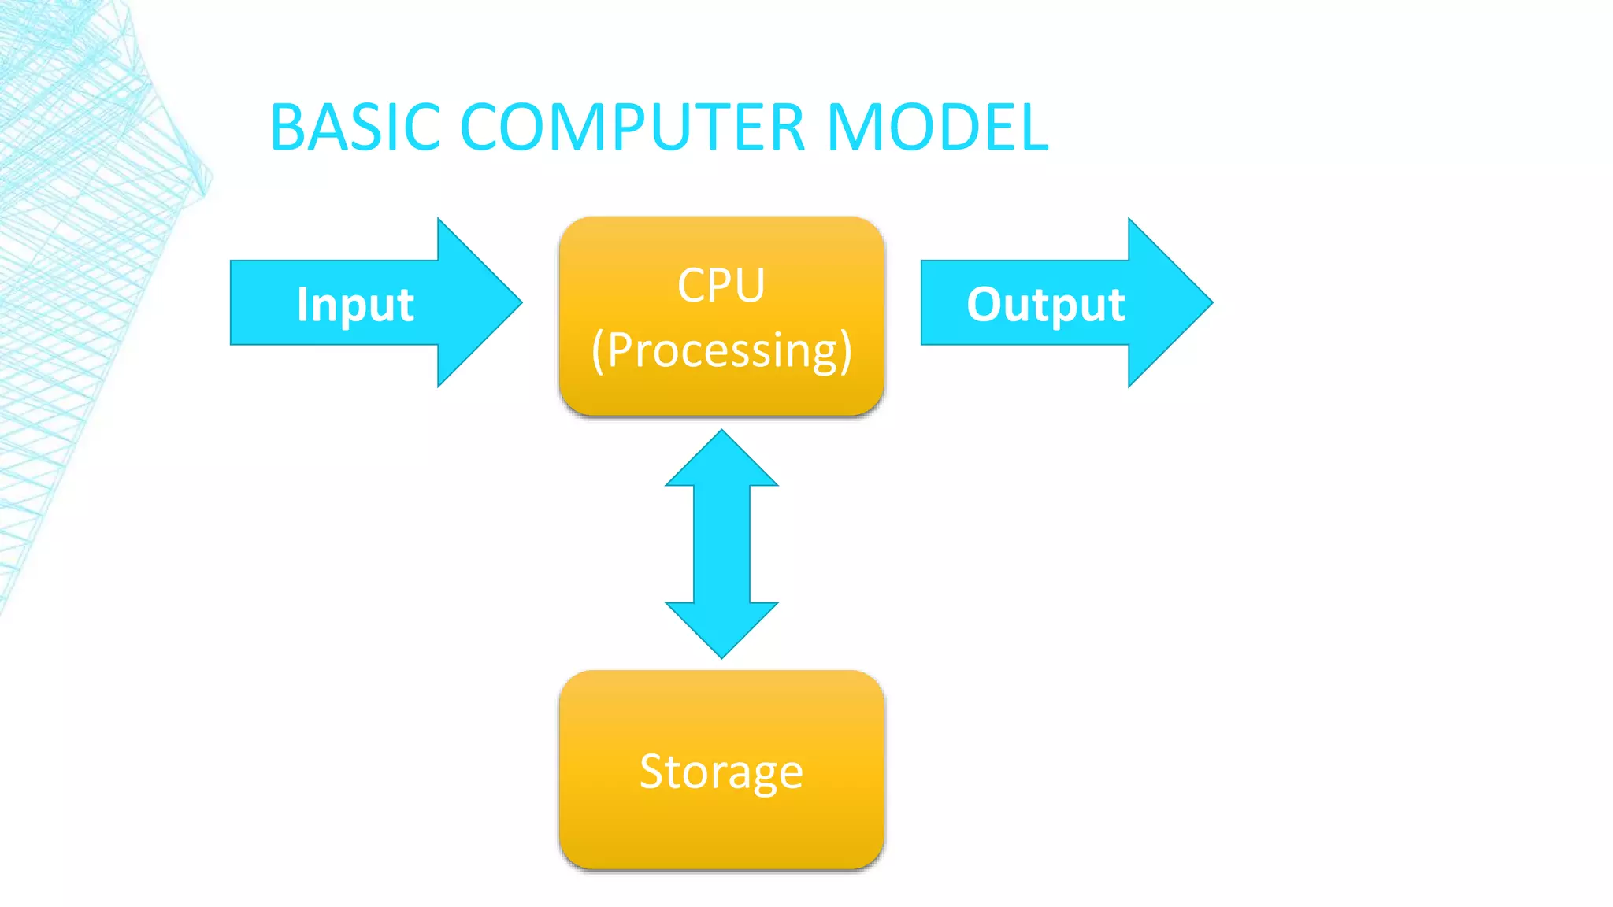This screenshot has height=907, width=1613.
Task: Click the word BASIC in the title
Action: click(354, 128)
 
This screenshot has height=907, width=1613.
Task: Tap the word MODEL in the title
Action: click(937, 128)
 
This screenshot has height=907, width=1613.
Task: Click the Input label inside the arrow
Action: click(355, 305)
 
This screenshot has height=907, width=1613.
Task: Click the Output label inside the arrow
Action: click(1045, 305)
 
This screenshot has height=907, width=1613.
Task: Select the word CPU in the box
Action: click(721, 285)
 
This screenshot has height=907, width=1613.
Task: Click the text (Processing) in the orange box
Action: click(721, 350)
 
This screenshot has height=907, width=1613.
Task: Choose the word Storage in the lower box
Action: click(721, 772)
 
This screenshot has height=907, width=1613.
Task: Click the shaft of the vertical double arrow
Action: click(721, 543)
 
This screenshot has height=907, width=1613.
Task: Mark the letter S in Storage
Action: click(654, 772)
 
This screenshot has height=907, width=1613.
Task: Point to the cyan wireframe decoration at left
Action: click(79, 236)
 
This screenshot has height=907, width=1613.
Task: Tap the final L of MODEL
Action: click(1033, 128)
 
